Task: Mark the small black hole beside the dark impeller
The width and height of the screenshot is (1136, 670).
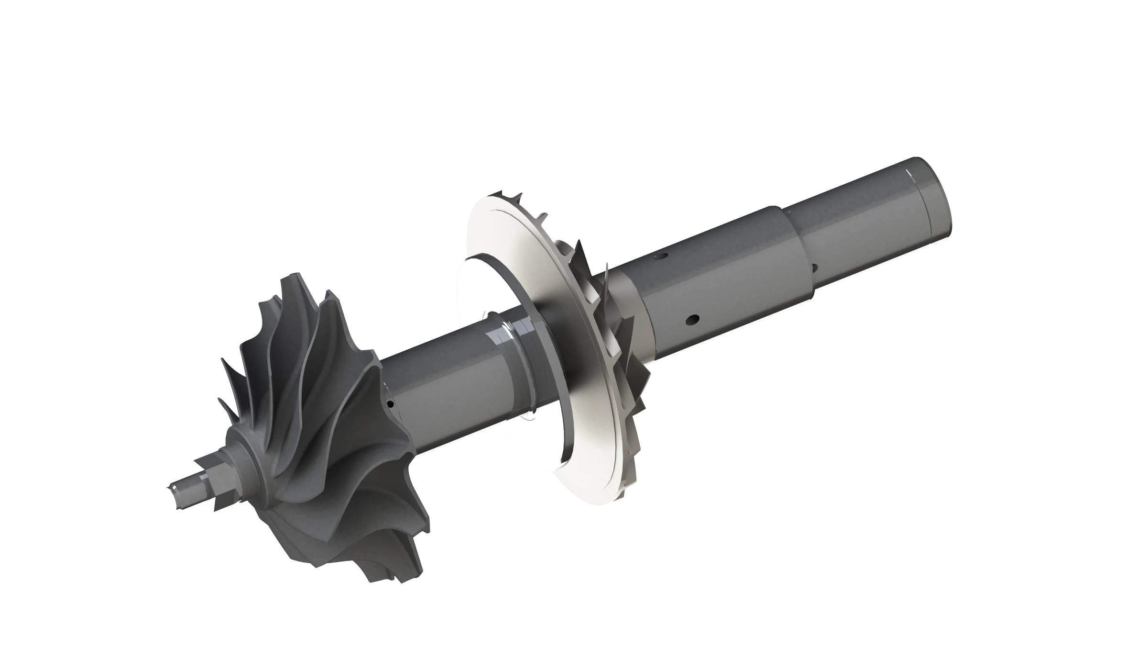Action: [x=391, y=404]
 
